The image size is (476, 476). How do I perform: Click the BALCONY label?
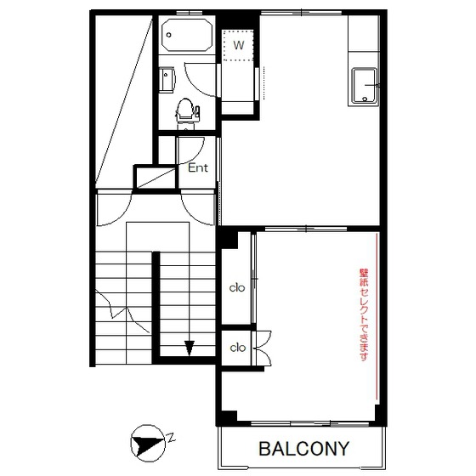tap(304, 449)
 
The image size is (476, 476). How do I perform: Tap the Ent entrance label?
tap(198, 168)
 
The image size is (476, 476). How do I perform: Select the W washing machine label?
tap(239, 45)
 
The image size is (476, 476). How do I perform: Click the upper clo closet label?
tap(237, 287)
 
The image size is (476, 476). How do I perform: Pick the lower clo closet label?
tap(237, 348)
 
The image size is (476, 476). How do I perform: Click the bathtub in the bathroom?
tap(186, 35)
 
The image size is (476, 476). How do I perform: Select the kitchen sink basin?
tap(365, 86)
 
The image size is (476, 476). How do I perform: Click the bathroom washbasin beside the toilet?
tap(167, 80)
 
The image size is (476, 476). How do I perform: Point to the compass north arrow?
tap(148, 444)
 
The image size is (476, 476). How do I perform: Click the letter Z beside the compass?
tap(172, 438)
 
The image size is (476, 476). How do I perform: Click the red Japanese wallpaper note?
tap(364, 314)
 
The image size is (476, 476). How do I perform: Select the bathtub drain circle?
tap(169, 35)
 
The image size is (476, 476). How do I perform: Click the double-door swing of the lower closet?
tap(263, 348)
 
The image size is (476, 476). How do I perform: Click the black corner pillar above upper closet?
tap(229, 239)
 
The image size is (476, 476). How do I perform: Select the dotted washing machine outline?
tap(238, 45)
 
